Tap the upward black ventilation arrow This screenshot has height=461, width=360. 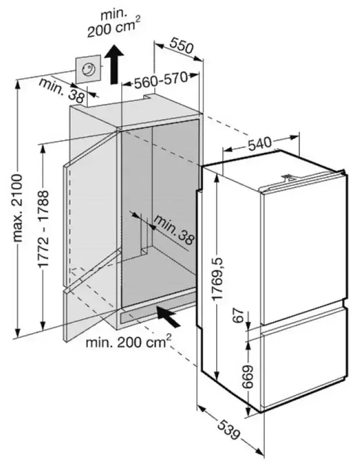(x=116, y=64)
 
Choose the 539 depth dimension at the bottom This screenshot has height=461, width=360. (x=231, y=426)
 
